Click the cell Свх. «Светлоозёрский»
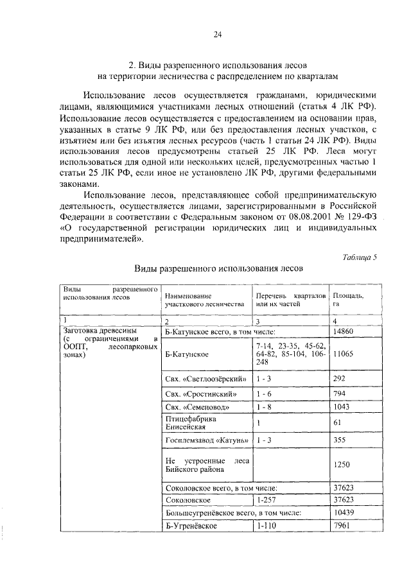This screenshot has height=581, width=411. (x=205, y=379)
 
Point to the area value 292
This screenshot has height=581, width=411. (x=339, y=379)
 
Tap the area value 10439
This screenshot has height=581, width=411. (x=344, y=513)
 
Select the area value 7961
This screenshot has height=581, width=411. (x=342, y=526)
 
